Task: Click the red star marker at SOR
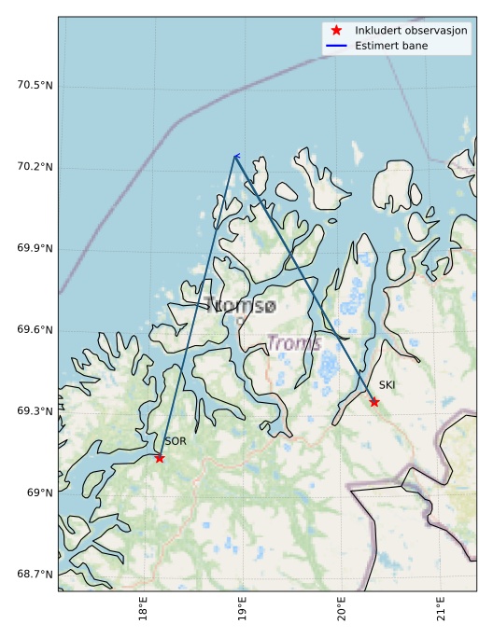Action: [x=160, y=458]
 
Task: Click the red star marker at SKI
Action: [x=374, y=402]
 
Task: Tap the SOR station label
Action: [x=176, y=441]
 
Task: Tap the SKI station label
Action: [x=387, y=385]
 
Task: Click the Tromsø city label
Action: [x=242, y=306]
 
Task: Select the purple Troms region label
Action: [x=294, y=343]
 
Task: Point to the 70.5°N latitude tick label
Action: [x=35, y=86]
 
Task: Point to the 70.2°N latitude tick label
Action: [x=35, y=167]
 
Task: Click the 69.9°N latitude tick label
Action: [x=35, y=248]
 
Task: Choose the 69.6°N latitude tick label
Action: [x=35, y=330]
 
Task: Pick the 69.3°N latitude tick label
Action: [x=35, y=411]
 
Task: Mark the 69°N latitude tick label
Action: [x=39, y=492]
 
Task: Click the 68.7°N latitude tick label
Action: [x=35, y=574]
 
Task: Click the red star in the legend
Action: [x=337, y=31]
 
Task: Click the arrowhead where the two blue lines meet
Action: [x=235, y=156]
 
